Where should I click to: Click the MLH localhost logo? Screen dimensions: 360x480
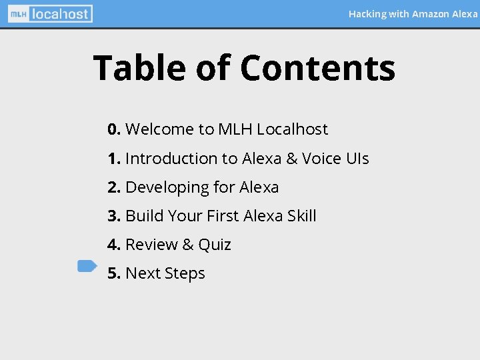click(x=50, y=13)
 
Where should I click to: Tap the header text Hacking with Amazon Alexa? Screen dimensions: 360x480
click(x=413, y=13)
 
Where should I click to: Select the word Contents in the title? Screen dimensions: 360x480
click(x=317, y=68)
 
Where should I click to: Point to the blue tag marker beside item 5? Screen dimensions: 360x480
click(x=87, y=266)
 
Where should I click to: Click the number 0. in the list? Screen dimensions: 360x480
click(x=114, y=129)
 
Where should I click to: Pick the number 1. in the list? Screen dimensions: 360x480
click(x=114, y=159)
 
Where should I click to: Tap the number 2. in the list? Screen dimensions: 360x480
click(x=114, y=187)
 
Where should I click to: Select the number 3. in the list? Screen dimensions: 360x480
click(x=114, y=216)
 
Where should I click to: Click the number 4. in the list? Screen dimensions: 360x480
click(x=114, y=245)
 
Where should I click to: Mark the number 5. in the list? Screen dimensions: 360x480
click(x=114, y=273)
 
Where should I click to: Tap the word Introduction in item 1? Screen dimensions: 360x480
click(x=171, y=159)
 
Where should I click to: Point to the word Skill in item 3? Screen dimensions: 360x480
click(x=301, y=216)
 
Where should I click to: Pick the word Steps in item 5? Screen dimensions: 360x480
click(x=184, y=274)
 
